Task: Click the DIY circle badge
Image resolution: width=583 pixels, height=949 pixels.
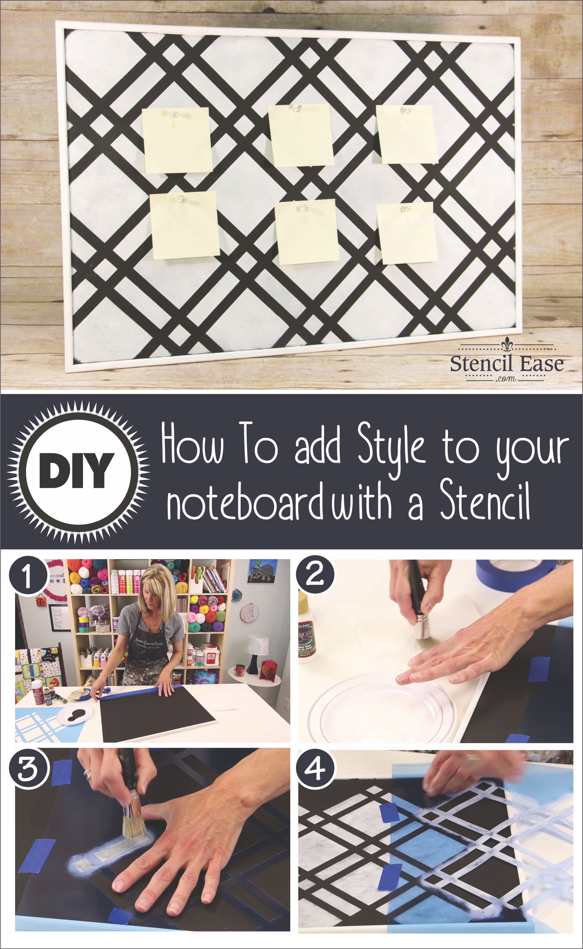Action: [x=78, y=472]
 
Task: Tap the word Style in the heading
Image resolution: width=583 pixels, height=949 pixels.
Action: [x=391, y=447]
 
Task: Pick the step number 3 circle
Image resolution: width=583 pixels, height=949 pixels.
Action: [x=28, y=767]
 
